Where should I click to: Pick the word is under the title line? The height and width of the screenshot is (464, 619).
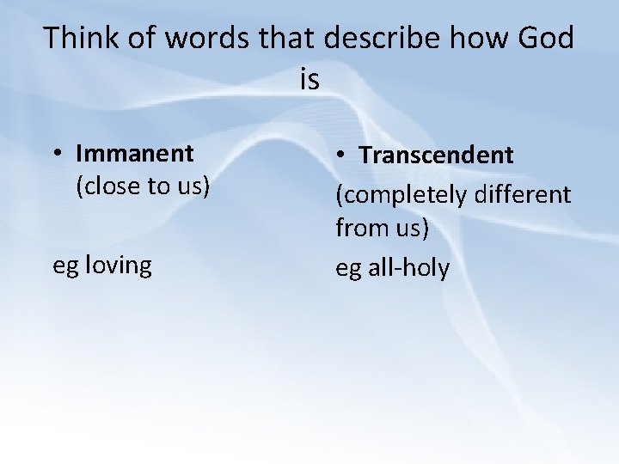pyautogui.click(x=309, y=80)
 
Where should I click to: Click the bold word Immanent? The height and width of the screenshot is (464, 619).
pyautogui.click(x=135, y=154)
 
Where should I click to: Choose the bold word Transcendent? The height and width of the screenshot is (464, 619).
pyautogui.click(x=436, y=156)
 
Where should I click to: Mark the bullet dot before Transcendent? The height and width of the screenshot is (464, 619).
pyautogui.click(x=341, y=156)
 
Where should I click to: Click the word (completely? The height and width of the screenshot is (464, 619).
pyautogui.click(x=399, y=194)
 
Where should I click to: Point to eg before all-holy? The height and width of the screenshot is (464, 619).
pyautogui.click(x=348, y=270)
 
